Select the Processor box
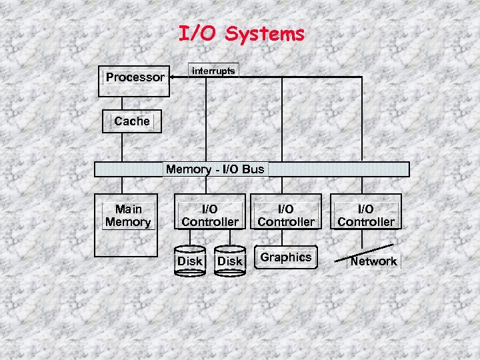click(135, 77)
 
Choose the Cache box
click(131, 121)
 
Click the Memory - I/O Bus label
click(215, 169)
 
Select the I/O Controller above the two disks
click(210, 215)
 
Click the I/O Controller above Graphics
click(286, 215)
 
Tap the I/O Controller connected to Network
click(366, 215)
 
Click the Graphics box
click(286, 257)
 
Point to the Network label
click(373, 261)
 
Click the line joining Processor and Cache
click(121, 103)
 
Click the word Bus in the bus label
click(253, 169)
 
